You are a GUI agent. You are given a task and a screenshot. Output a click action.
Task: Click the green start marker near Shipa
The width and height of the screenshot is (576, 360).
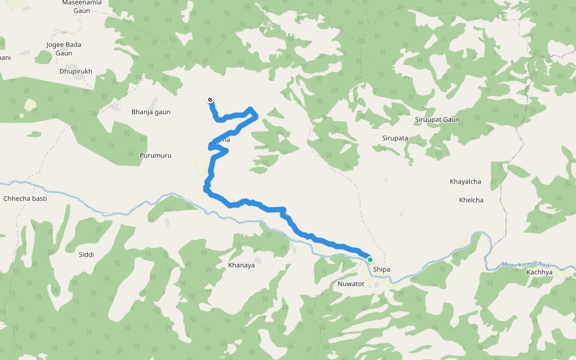(x=370, y=260)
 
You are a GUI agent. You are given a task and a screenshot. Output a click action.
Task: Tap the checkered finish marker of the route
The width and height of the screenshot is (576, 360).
(x=210, y=100)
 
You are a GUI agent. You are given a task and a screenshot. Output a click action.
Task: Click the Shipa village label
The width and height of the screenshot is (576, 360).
(x=382, y=269)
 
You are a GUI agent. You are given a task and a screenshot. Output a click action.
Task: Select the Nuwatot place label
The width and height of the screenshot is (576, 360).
(x=352, y=283)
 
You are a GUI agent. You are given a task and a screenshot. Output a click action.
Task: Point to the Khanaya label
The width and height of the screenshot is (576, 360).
(x=241, y=265)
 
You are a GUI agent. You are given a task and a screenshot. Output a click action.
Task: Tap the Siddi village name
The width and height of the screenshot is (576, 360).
(x=86, y=254)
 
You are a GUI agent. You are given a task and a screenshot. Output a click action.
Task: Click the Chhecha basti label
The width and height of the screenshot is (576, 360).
(x=25, y=198)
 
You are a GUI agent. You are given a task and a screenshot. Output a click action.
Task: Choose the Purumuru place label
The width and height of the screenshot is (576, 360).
(x=155, y=155)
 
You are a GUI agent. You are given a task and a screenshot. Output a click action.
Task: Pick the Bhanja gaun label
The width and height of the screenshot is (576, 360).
(x=151, y=112)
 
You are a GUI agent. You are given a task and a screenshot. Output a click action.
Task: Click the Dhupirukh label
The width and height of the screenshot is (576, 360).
(x=76, y=71)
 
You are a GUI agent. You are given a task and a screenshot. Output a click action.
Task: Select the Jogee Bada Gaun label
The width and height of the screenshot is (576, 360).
(x=64, y=49)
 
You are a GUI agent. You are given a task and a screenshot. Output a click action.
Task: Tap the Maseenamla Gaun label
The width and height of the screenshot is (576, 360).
(x=82, y=7)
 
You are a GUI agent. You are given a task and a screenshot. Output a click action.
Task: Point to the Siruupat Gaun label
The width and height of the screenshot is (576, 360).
(x=437, y=119)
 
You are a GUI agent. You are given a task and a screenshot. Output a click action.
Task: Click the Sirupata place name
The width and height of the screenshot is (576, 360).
(x=395, y=138)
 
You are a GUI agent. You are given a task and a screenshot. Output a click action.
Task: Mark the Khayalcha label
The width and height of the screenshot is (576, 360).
(x=466, y=181)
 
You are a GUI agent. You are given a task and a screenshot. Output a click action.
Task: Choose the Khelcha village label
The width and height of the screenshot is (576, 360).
(x=471, y=200)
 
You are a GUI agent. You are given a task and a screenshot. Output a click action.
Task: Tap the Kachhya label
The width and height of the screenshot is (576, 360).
(x=539, y=272)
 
